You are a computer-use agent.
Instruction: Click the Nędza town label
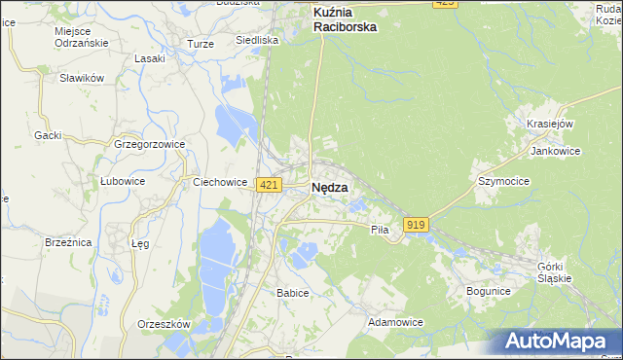[330, 189]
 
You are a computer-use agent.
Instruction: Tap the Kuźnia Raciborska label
[345, 20]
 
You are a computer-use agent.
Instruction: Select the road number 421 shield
[270, 185]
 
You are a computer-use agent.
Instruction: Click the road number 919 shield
[416, 225]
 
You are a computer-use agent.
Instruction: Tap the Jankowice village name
[555, 152]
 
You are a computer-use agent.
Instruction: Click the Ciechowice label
[221, 181]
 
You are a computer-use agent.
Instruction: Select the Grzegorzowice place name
[149, 144]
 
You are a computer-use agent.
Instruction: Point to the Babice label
[292, 293]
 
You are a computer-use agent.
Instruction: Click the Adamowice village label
[395, 321]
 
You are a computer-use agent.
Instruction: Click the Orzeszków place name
[164, 325]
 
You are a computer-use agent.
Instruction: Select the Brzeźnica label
[68, 242]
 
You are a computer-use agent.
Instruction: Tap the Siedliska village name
[257, 41]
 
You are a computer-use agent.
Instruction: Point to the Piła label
[380, 230]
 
